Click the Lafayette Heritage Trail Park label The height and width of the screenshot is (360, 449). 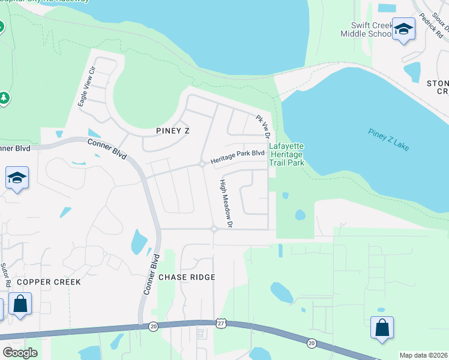coord(286,154)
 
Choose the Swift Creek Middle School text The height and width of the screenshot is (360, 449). coord(366,29)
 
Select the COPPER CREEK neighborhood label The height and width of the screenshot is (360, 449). coord(41,281)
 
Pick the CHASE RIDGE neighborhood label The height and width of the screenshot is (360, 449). coord(187,277)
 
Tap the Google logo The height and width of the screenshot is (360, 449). coord(20,352)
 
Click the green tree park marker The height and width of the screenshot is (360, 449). coord(4,97)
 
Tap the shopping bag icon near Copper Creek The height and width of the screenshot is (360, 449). coord(20,304)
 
